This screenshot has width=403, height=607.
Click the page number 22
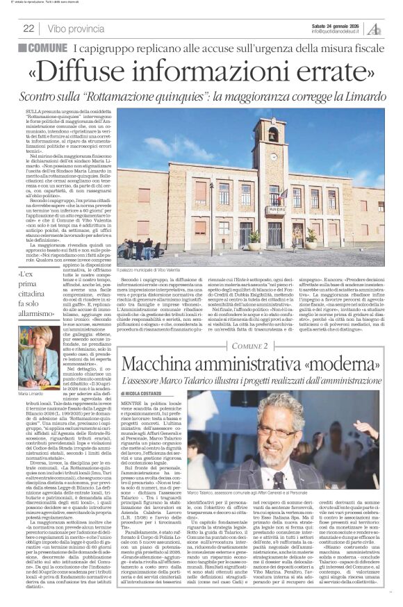pos(28,28)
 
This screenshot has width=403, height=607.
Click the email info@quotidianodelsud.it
pos(338,31)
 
